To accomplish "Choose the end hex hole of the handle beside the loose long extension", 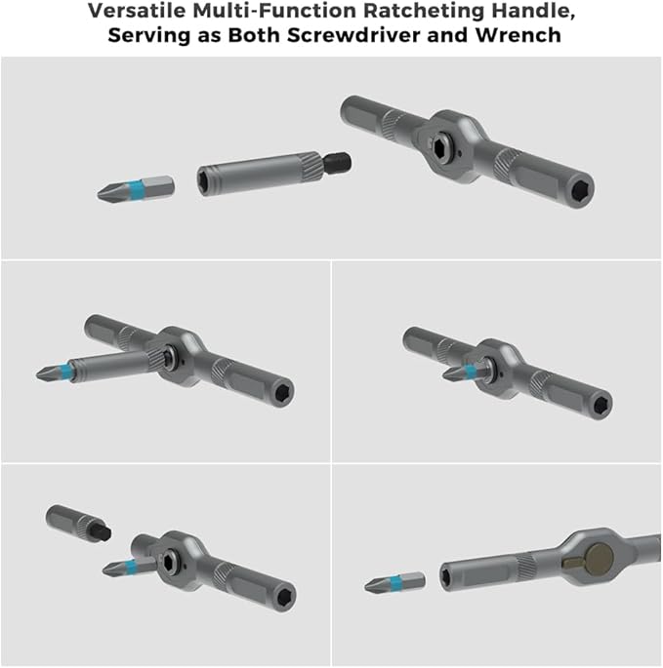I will click(x=578, y=188).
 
